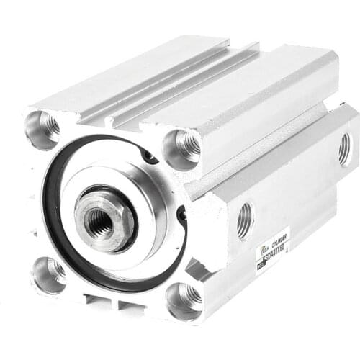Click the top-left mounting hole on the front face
coord(45,127)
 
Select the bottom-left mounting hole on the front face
coord(48,273)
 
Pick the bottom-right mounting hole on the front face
coord(184,297)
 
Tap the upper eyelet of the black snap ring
coord(149,156)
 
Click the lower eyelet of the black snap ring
coord(182,214)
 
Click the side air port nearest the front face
coord(245,219)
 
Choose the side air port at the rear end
coord(345,149)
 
